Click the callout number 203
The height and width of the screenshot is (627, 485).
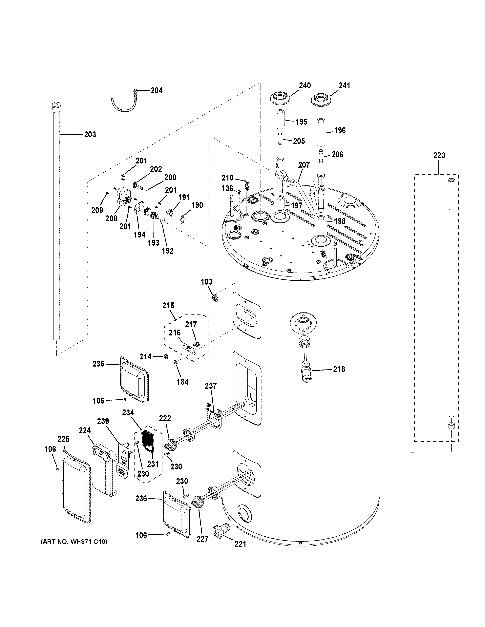90,134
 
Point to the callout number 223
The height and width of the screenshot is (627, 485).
439,155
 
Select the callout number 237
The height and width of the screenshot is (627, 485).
211,386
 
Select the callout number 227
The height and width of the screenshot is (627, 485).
202,539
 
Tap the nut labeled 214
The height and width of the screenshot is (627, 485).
165,357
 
